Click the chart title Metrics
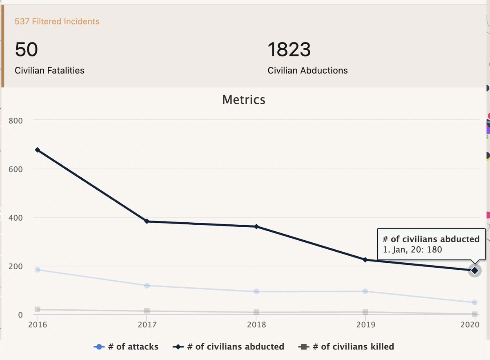pos(244,100)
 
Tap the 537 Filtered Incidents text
pos(57,21)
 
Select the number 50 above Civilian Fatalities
pos(27,50)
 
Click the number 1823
pos(289,50)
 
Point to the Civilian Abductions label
pos(307,70)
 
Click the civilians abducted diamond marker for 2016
pos(38,150)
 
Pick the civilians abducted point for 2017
pos(147,221)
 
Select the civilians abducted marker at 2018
pos(256,226)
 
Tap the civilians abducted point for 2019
pos(365,260)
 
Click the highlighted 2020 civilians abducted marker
pos(474,271)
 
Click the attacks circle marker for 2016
pos(38,270)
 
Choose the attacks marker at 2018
pos(256,291)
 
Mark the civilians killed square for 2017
pos(147,311)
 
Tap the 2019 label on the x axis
pos(365,325)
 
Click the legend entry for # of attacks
pos(127,347)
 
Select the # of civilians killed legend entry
pos(348,347)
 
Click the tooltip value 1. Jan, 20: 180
pos(412,249)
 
